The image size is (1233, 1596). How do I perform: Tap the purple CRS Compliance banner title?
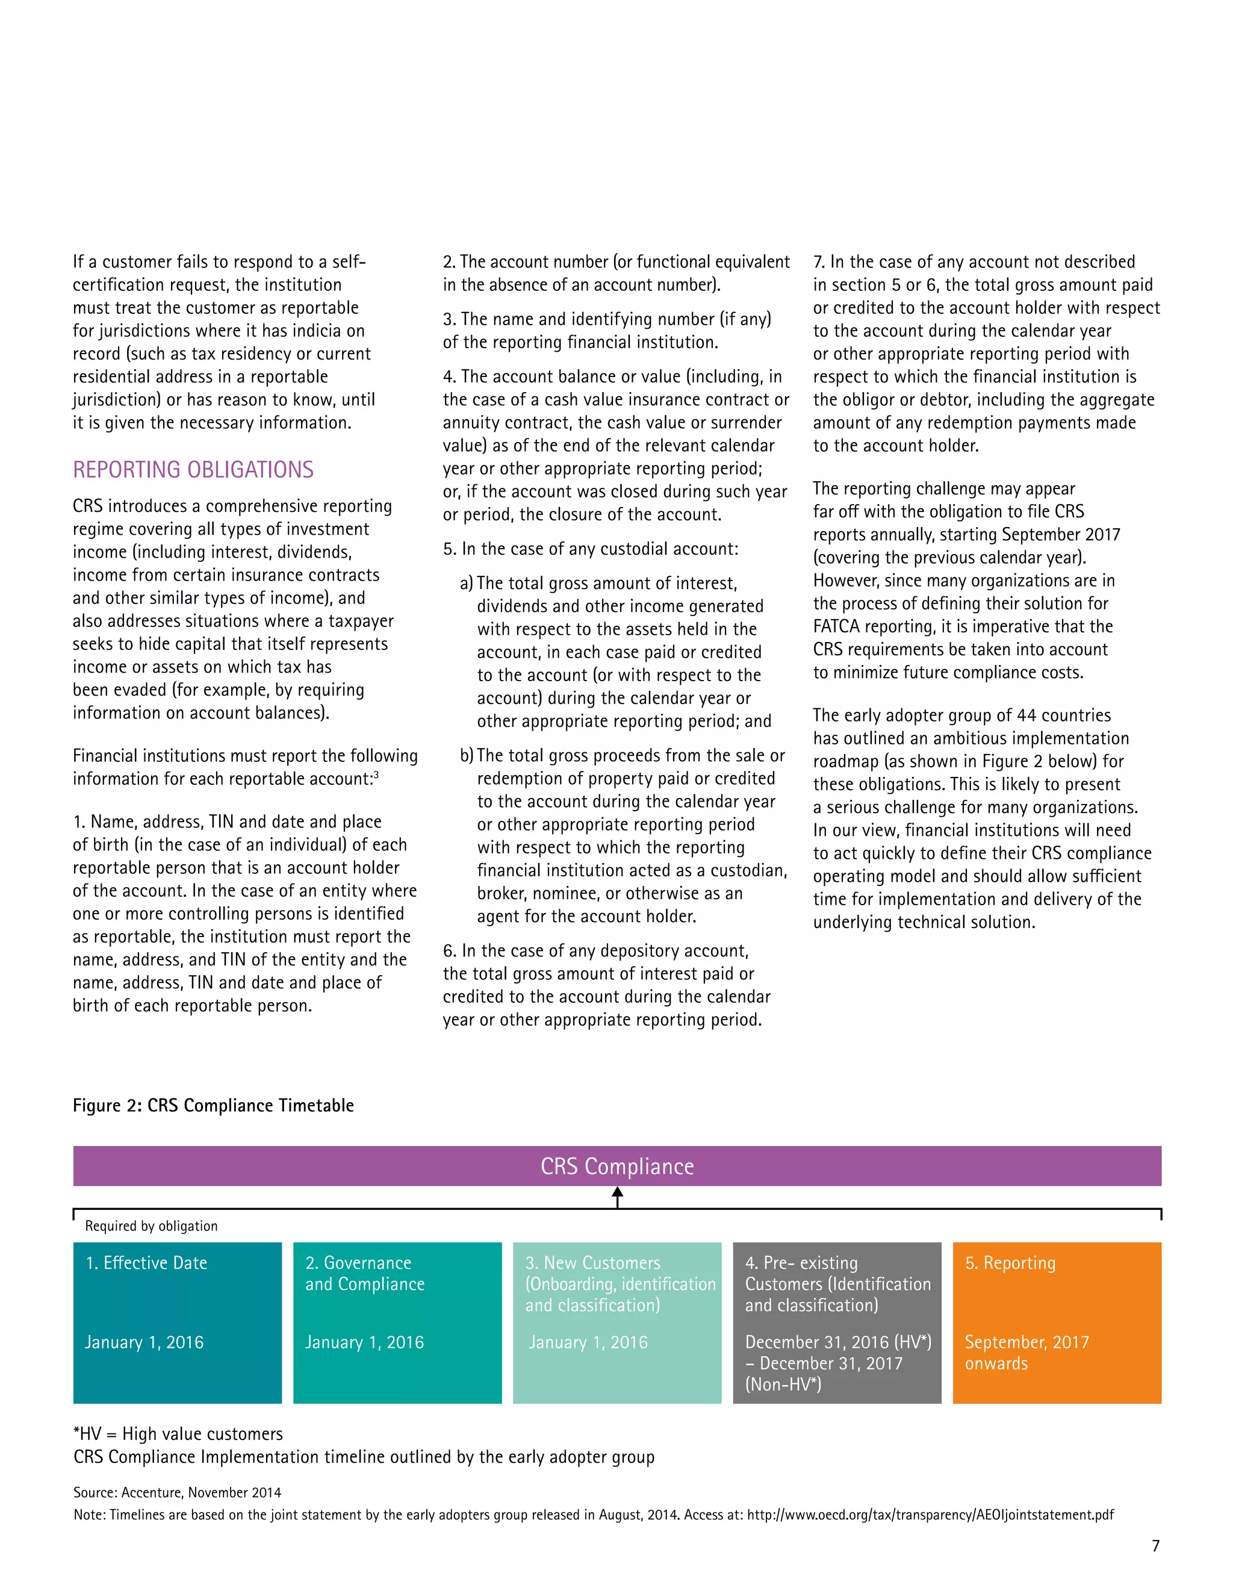click(x=616, y=1167)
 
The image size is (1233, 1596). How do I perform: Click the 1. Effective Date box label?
click(x=146, y=1263)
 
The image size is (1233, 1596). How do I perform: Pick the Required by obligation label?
click(x=151, y=1226)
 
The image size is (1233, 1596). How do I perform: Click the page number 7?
click(x=1155, y=1545)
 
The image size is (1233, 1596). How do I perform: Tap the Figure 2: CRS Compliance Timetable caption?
click(x=213, y=1106)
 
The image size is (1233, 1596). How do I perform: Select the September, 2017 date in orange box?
click(x=1026, y=1342)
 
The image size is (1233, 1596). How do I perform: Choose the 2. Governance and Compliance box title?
click(x=364, y=1273)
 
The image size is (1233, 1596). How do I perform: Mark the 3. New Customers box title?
click(x=592, y=1263)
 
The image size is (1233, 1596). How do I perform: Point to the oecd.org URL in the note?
click(x=930, y=1515)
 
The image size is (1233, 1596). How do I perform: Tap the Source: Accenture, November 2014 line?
click(x=178, y=1493)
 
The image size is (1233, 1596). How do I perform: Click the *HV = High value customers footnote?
click(x=178, y=1434)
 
